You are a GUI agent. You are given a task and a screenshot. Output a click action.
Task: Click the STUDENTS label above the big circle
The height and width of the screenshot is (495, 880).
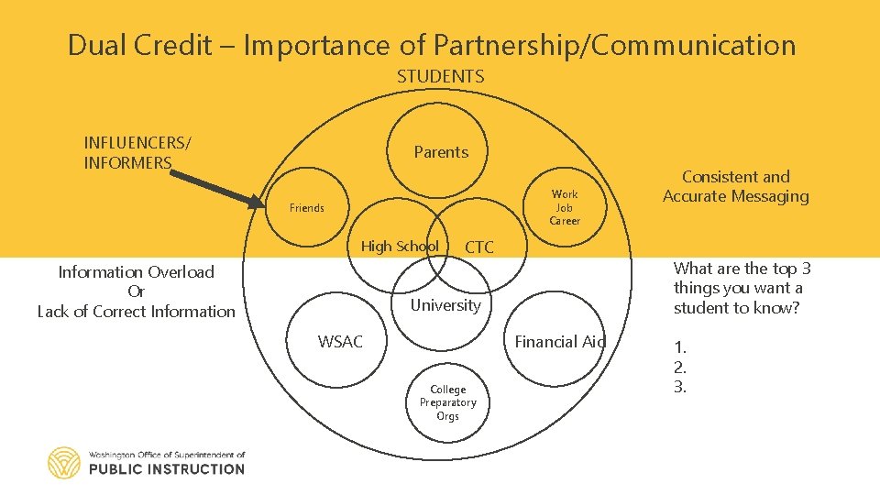click(x=440, y=77)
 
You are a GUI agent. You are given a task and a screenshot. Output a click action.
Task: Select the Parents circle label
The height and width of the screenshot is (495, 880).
click(x=441, y=152)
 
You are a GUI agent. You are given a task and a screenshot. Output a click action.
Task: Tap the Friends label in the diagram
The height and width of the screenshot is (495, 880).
click(x=307, y=208)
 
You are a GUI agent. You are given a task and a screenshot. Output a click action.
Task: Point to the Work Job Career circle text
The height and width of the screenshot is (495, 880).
click(x=565, y=207)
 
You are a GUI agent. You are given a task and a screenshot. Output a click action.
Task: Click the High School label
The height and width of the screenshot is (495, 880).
click(x=399, y=246)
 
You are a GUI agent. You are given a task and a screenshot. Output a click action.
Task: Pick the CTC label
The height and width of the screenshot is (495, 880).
click(x=479, y=247)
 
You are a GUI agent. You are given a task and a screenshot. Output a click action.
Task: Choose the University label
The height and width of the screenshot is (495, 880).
click(x=445, y=305)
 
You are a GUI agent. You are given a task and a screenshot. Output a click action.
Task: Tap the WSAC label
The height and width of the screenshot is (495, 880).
click(x=340, y=342)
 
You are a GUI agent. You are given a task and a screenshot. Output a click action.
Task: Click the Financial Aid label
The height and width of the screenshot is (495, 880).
click(x=560, y=342)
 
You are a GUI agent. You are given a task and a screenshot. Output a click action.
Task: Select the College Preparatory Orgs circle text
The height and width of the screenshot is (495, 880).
click(x=447, y=402)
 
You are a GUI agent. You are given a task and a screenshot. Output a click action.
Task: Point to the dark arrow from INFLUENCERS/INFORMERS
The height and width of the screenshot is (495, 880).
click(x=216, y=187)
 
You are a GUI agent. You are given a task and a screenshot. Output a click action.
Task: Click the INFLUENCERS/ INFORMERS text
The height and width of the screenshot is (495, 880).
click(x=137, y=152)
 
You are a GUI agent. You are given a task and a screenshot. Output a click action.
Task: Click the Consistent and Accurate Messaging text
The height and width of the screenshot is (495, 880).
click(x=736, y=186)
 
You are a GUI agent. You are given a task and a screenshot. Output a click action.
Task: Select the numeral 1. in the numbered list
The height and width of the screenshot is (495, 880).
click(x=680, y=347)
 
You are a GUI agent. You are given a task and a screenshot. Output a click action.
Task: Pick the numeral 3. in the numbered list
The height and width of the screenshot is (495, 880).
click(x=680, y=387)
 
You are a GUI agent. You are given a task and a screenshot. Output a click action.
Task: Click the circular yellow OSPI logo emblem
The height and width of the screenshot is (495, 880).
click(x=64, y=462)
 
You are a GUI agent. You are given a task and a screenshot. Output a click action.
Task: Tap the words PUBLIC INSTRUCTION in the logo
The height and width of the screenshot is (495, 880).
click(x=167, y=468)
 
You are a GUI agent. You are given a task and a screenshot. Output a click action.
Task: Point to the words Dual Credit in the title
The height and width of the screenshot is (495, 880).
click(x=140, y=45)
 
